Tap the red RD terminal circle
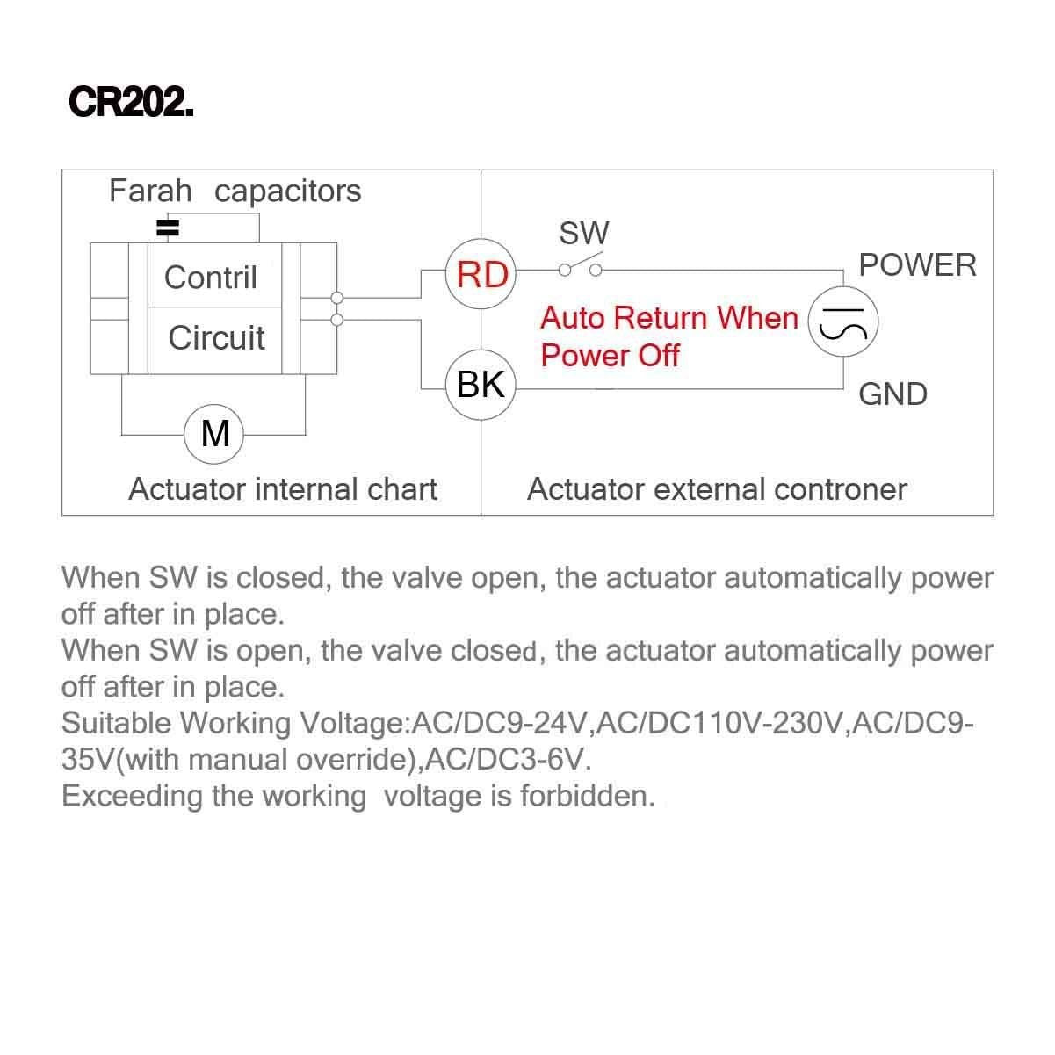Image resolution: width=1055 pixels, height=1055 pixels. point(481,274)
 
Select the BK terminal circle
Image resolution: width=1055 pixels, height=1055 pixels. point(481,385)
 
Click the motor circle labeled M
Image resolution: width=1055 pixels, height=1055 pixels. point(215,433)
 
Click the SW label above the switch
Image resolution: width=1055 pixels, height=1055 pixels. point(584,234)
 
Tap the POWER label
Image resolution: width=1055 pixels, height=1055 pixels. point(917,265)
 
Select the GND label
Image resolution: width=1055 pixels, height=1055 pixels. point(892,394)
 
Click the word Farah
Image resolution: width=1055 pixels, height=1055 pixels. point(150,191)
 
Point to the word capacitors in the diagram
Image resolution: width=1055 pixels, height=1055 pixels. point(287,191)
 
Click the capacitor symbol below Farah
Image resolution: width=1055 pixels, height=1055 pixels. point(167,229)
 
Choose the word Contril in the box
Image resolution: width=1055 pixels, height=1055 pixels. point(211,278)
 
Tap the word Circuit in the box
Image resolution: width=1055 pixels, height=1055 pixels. point(216,338)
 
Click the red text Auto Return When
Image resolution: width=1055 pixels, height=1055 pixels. point(668,317)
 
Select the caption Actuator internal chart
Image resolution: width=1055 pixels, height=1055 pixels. point(282,489)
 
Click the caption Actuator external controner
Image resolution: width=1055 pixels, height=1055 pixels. point(717,489)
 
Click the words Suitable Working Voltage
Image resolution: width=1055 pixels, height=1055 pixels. point(232,723)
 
